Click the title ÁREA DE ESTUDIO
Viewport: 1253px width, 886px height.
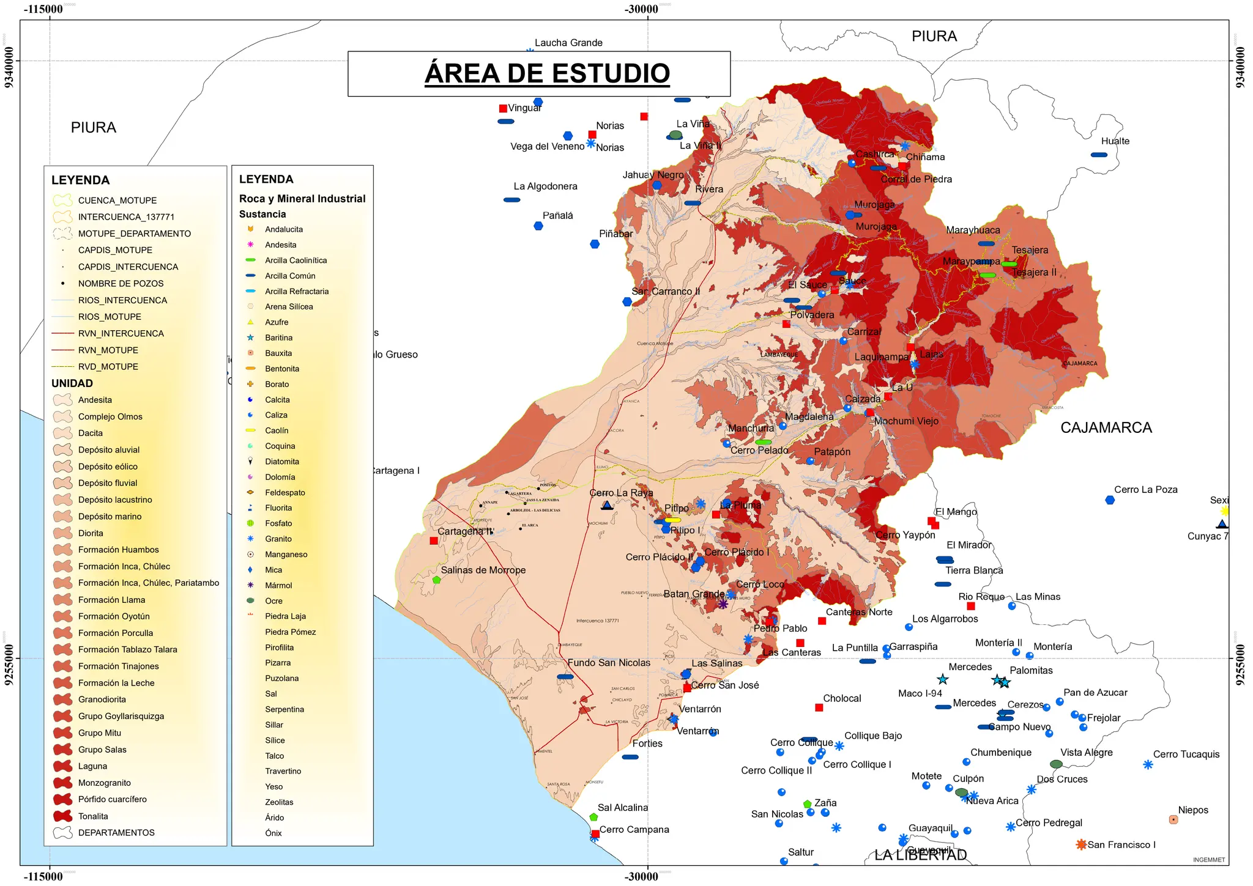(x=547, y=73)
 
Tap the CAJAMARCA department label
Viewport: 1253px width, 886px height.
(x=1106, y=427)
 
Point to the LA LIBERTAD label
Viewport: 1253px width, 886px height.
(x=920, y=855)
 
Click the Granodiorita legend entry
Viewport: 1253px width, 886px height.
(x=102, y=700)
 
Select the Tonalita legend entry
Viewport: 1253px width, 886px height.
(x=93, y=816)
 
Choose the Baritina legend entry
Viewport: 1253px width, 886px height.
(x=278, y=338)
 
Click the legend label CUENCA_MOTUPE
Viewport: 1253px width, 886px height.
(x=117, y=201)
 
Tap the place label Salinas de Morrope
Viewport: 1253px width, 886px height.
(x=483, y=570)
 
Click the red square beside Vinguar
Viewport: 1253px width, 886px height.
(x=503, y=108)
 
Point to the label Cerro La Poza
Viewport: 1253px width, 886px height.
(x=1145, y=489)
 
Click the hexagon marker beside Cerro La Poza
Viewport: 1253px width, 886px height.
(x=1110, y=500)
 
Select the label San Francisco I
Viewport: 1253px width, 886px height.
(x=1121, y=844)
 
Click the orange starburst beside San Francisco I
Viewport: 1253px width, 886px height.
(x=1081, y=844)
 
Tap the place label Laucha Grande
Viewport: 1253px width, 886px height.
(x=568, y=43)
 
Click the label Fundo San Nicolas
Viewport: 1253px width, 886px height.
(x=609, y=662)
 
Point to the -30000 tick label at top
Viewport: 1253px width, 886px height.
(x=641, y=9)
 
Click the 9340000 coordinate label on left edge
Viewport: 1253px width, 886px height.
(x=9, y=67)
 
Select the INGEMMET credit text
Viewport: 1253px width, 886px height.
(x=1208, y=860)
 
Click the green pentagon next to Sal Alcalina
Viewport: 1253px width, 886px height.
(x=593, y=817)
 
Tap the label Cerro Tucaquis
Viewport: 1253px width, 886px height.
(x=1186, y=754)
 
